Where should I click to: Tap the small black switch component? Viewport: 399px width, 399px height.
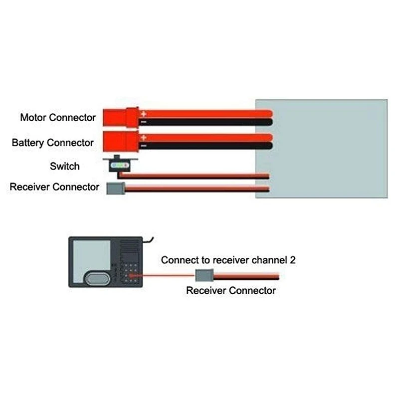[x=120, y=165]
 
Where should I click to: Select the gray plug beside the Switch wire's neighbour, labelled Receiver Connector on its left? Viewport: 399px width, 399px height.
[x=115, y=188]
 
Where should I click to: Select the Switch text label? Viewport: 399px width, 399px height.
[x=64, y=166]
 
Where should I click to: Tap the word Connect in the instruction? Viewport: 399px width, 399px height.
[x=177, y=260]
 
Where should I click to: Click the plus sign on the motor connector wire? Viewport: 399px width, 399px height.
[x=143, y=114]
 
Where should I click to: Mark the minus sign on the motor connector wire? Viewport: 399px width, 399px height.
[x=143, y=122]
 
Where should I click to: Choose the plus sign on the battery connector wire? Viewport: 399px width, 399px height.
[x=143, y=137]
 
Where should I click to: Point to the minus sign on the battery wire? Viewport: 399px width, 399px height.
[x=143, y=145]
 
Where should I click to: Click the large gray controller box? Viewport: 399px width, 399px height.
[x=322, y=148]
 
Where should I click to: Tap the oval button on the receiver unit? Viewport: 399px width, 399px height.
[x=96, y=278]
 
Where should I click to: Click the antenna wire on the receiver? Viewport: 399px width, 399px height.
[x=151, y=240]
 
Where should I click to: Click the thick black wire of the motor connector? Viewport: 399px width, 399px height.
[x=209, y=122]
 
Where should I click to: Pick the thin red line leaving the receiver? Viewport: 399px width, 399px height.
[x=165, y=274]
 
